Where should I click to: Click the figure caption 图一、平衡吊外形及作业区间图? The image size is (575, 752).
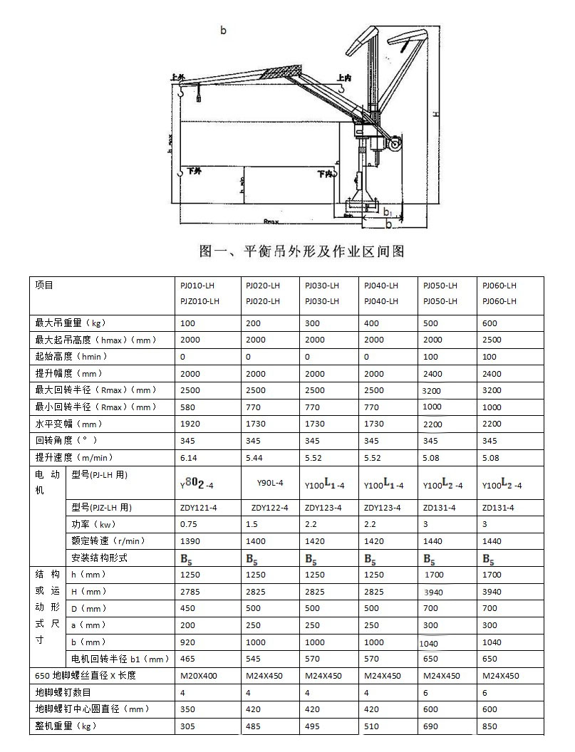302,251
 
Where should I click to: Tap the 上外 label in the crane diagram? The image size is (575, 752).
178,77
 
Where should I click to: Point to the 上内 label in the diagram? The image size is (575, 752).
344,78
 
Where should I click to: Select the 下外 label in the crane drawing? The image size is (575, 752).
195,172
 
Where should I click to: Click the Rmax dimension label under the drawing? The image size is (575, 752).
271,221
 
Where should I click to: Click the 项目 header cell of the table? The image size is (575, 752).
44,286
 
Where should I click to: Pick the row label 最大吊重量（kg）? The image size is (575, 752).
70,323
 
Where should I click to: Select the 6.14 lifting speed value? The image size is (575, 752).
189,457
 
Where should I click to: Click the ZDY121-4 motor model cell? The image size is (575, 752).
198,508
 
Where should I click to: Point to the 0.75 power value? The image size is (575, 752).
189,524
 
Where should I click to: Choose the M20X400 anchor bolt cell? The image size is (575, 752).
198,676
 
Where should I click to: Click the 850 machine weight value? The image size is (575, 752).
489,726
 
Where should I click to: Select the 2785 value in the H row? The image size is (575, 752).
189,592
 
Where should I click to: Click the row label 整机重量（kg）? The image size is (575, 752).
66,726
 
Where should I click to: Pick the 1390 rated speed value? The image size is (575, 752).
189,541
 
